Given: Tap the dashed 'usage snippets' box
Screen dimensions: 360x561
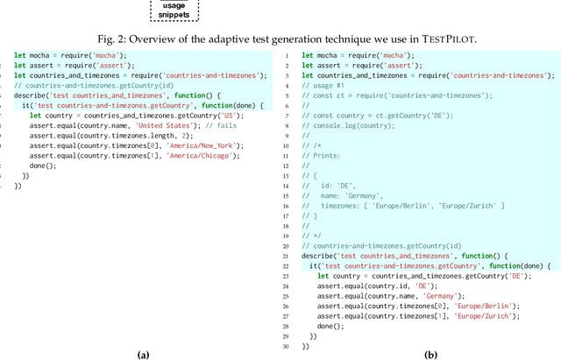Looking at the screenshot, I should (x=174, y=11).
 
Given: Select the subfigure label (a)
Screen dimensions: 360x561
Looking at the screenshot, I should (x=145, y=354).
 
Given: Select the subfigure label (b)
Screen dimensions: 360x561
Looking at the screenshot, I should (x=431, y=354).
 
